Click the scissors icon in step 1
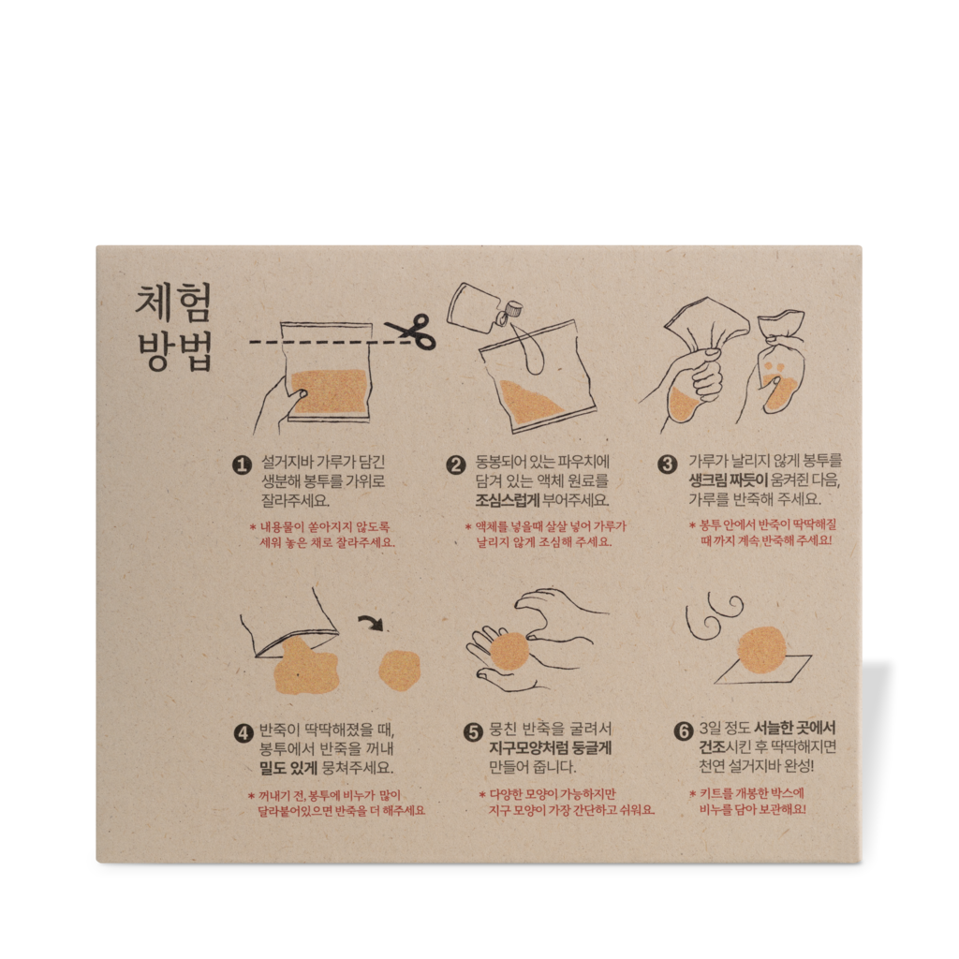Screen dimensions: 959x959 411,332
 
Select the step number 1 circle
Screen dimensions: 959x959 243,464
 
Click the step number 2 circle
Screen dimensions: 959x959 456,464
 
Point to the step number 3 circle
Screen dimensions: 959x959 668,464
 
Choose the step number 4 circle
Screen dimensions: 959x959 243,731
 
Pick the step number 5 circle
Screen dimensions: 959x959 473,731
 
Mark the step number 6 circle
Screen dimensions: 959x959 684,731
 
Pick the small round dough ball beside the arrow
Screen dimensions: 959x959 399,670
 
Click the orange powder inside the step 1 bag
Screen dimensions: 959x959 328,391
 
